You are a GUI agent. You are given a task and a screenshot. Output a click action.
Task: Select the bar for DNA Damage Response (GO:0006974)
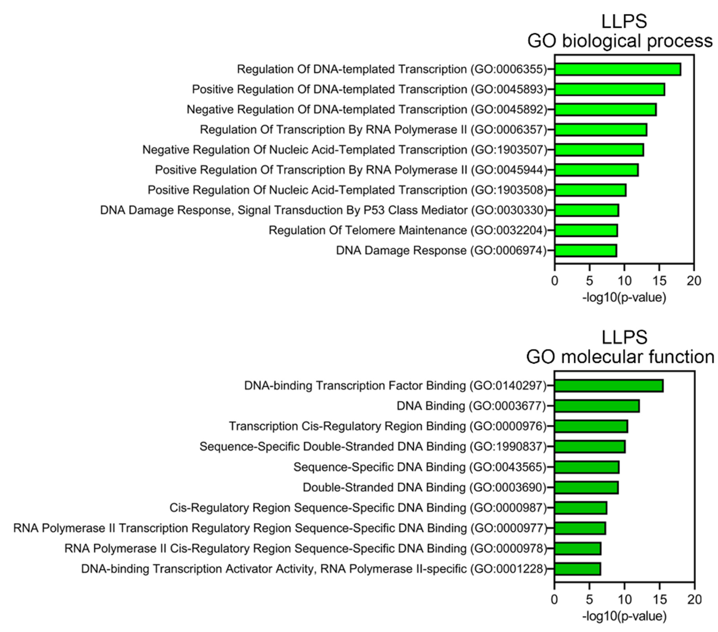click(x=586, y=250)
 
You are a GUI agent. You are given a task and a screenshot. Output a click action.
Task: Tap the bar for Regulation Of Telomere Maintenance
click(x=586, y=230)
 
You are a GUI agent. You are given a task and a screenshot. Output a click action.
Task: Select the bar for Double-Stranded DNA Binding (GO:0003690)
click(x=586, y=488)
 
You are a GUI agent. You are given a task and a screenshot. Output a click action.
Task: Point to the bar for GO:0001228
click(x=577, y=569)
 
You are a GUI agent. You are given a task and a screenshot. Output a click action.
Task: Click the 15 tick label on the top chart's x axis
click(x=659, y=281)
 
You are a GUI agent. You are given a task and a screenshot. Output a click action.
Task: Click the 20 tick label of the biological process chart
click(x=694, y=281)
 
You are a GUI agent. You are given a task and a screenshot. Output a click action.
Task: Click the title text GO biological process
click(x=620, y=41)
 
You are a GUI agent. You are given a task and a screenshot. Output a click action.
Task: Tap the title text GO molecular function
click(x=620, y=357)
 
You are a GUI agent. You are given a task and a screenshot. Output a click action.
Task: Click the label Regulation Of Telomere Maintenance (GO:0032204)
click(x=408, y=230)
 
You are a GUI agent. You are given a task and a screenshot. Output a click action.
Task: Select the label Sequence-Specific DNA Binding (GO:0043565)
click(x=420, y=467)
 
